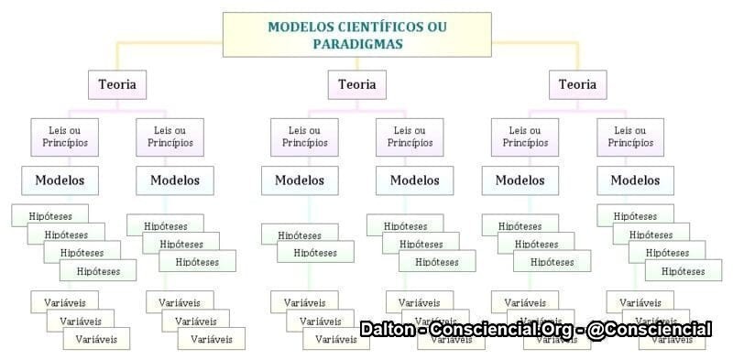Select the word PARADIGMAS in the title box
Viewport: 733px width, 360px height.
[356, 43]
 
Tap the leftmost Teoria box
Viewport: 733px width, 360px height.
[117, 85]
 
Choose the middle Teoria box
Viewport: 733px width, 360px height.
[356, 85]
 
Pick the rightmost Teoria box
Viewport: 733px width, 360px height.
[577, 85]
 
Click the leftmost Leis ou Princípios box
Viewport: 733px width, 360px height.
[64, 136]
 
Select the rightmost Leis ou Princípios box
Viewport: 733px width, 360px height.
[632, 136]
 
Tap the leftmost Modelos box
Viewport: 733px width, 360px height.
[60, 180]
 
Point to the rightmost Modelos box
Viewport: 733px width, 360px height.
[635, 180]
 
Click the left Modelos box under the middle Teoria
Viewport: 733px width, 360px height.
[300, 180]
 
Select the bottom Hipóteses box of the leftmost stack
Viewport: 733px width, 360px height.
[98, 270]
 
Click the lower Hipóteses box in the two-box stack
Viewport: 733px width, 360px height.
[315, 252]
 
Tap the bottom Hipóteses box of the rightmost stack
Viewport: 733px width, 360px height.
[683, 270]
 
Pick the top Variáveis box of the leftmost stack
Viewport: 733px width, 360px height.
[64, 301]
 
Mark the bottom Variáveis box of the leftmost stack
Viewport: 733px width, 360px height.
[96, 339]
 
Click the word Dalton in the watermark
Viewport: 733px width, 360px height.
[385, 329]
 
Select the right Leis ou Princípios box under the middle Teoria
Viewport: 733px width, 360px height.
[409, 136]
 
